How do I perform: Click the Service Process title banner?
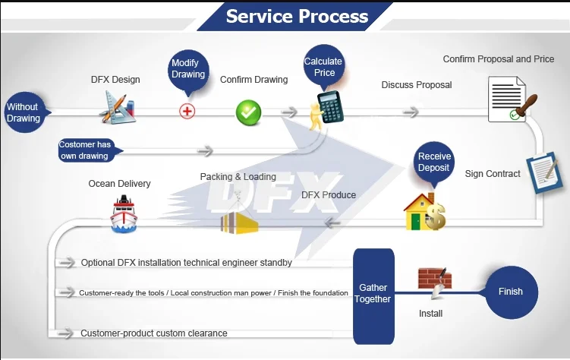297,16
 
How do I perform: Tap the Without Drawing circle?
24,113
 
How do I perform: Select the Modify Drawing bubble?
187,69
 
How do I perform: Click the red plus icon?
187,111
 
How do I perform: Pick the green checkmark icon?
248,112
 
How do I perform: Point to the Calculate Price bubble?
324,67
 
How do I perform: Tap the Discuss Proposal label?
416,85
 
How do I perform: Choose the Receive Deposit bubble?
433,162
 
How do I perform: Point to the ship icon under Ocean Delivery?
123,213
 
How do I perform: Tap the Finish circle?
511,292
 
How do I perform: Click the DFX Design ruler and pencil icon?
117,107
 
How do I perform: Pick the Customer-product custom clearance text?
153,333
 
